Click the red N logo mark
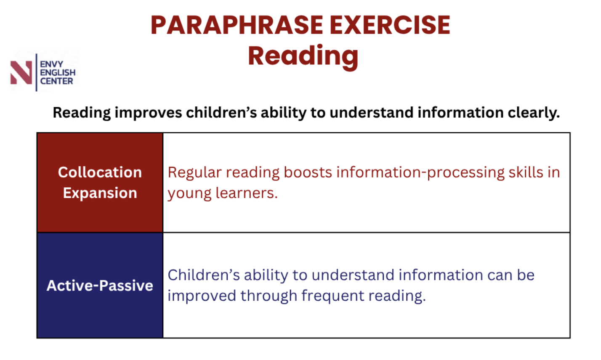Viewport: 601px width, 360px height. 21,72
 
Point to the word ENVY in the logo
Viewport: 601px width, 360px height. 51,64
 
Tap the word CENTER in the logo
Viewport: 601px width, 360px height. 57,81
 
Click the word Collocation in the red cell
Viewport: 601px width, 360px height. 100,172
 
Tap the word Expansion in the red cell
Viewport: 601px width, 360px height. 100,193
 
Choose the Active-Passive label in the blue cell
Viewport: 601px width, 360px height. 100,286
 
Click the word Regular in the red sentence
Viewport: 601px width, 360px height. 195,173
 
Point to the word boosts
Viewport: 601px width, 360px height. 308,172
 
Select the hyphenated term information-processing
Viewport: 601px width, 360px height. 420,173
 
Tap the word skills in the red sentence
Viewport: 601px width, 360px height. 526,172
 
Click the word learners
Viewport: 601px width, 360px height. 247,193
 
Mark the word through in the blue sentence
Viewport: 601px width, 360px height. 269,296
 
